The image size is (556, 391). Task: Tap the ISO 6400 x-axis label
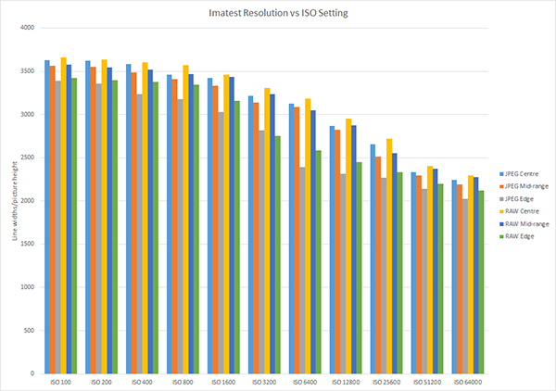(x=307, y=381)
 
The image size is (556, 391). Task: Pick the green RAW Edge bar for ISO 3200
(x=276, y=255)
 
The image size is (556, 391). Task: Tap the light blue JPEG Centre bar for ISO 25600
(x=373, y=259)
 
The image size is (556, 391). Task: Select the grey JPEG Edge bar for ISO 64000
(x=464, y=286)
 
